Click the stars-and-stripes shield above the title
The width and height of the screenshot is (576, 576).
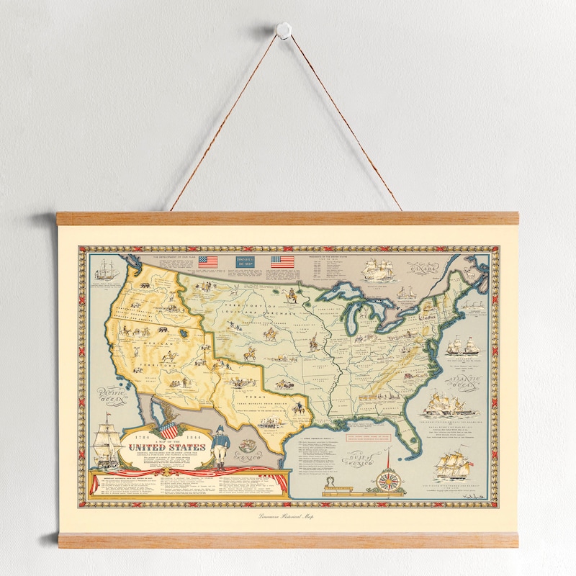coord(168,430)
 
